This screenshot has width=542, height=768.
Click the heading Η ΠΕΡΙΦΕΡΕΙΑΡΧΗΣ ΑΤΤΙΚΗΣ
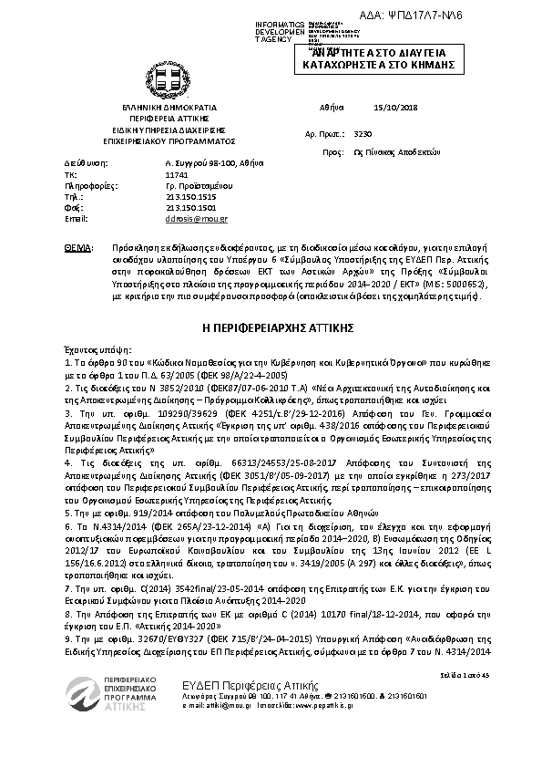pos(271,326)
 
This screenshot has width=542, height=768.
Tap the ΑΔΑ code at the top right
pos(475,16)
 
